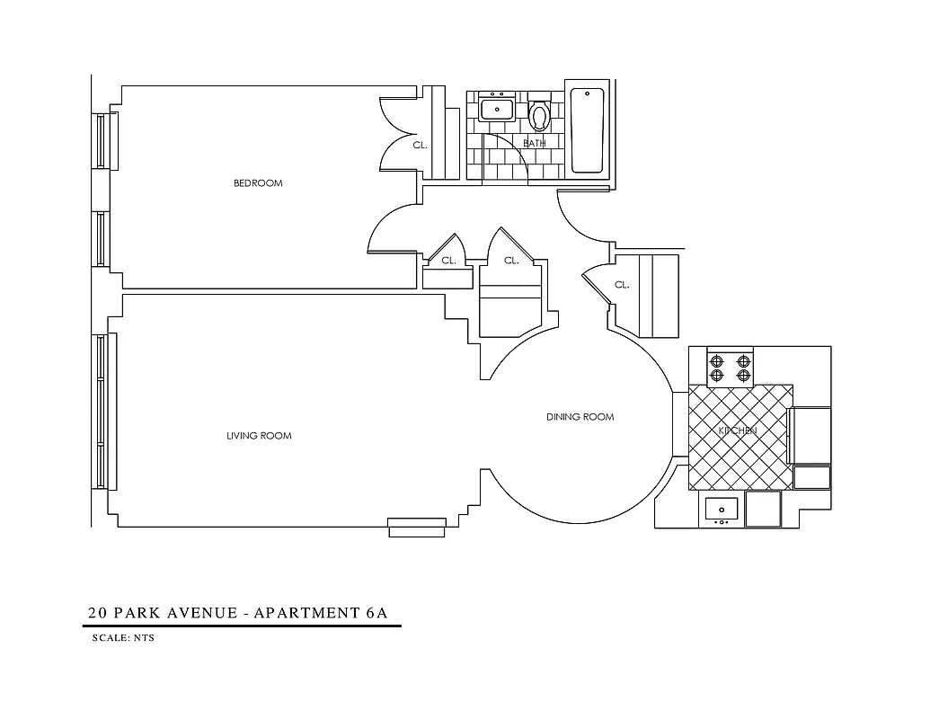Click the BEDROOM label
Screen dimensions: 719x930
(258, 183)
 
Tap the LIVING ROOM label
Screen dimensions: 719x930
(259, 436)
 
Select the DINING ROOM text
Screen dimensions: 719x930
(580, 417)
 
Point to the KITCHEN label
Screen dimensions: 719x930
(737, 431)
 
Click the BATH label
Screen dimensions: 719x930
(535, 144)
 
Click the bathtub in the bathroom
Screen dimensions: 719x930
(588, 129)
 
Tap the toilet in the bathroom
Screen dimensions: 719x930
(539, 115)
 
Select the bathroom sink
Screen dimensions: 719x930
(496, 109)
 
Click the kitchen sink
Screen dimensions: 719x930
(721, 509)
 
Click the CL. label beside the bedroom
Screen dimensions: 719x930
(420, 145)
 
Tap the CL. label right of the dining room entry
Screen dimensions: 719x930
(621, 285)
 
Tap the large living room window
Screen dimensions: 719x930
(102, 411)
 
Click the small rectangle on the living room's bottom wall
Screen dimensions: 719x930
(417, 528)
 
